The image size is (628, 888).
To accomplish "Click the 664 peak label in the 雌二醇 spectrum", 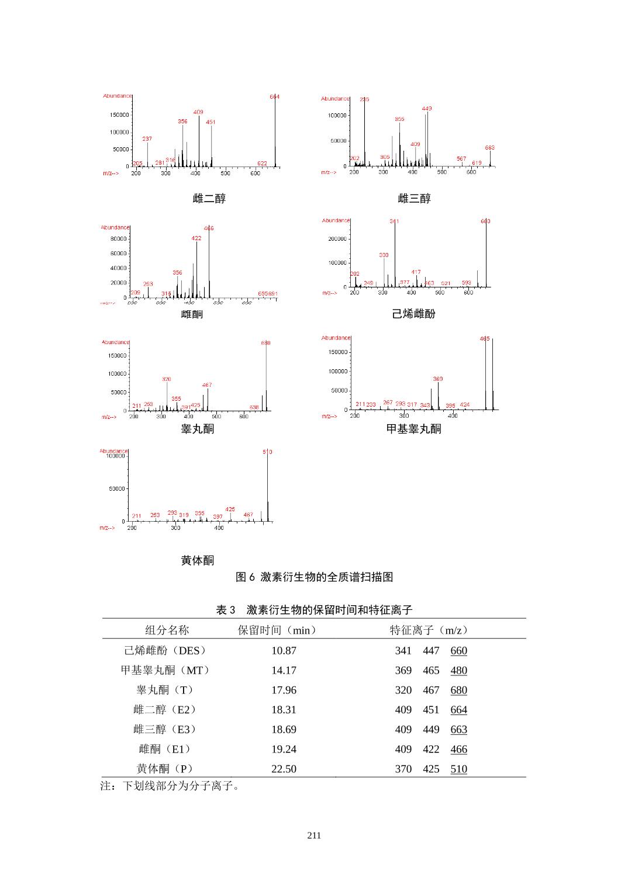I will [274, 97].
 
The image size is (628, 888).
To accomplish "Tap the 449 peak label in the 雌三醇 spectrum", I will [427, 109].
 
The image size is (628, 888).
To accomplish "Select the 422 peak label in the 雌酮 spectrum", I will [196, 238].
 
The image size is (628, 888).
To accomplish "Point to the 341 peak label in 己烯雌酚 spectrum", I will [394, 221].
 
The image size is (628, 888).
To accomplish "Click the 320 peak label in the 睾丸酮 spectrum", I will [167, 379].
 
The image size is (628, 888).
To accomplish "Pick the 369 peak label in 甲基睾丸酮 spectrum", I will [438, 379].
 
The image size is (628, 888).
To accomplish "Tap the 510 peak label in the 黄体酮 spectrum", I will [267, 452].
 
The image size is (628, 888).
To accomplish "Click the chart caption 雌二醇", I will [209, 199].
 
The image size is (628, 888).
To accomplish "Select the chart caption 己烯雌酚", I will [414, 314].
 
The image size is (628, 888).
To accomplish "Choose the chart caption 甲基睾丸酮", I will [414, 429].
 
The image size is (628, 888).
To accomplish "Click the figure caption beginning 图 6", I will [314, 577].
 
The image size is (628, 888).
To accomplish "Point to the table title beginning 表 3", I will [314, 610].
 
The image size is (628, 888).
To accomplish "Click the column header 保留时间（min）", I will [278, 630].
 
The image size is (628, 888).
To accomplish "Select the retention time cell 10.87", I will [284, 651].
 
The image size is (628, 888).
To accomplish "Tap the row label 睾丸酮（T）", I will [166, 690].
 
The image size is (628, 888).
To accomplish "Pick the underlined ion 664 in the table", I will [458, 710].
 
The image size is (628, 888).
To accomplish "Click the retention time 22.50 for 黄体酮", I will [284, 769].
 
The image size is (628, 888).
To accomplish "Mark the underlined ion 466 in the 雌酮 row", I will [458, 749].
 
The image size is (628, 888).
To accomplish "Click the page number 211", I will [314, 835].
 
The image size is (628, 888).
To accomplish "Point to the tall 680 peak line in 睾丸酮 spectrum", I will [266, 374].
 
